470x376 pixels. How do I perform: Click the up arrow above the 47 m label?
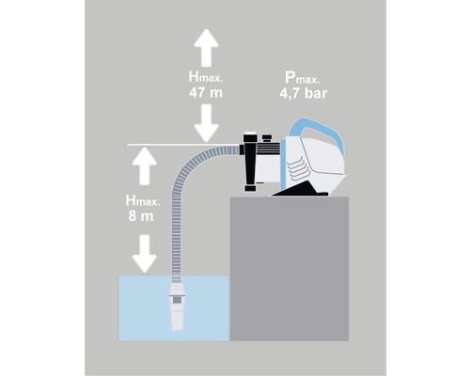pyautogui.click(x=206, y=47)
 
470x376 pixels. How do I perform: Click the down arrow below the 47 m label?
pyautogui.click(x=206, y=123)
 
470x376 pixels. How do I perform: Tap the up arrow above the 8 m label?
pyautogui.click(x=144, y=165)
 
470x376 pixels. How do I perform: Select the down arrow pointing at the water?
pyautogui.click(x=144, y=254)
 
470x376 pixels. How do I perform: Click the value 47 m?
pyautogui.click(x=206, y=93)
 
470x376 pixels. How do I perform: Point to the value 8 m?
pyautogui.click(x=141, y=216)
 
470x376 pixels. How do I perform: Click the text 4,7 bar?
pyautogui.click(x=303, y=93)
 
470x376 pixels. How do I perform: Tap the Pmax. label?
pyautogui.click(x=302, y=78)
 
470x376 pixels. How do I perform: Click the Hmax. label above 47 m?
pyautogui.click(x=206, y=77)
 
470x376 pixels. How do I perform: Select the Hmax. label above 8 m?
pyautogui.click(x=143, y=200)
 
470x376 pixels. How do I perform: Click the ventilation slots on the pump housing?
pyautogui.click(x=298, y=171)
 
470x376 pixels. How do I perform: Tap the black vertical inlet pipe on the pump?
pyautogui.click(x=250, y=163)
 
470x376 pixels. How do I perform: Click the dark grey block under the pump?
pyautogui.click(x=290, y=269)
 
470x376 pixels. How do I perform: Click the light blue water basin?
pyautogui.click(x=174, y=308)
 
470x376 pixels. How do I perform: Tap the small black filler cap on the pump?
pyautogui.click(x=267, y=138)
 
